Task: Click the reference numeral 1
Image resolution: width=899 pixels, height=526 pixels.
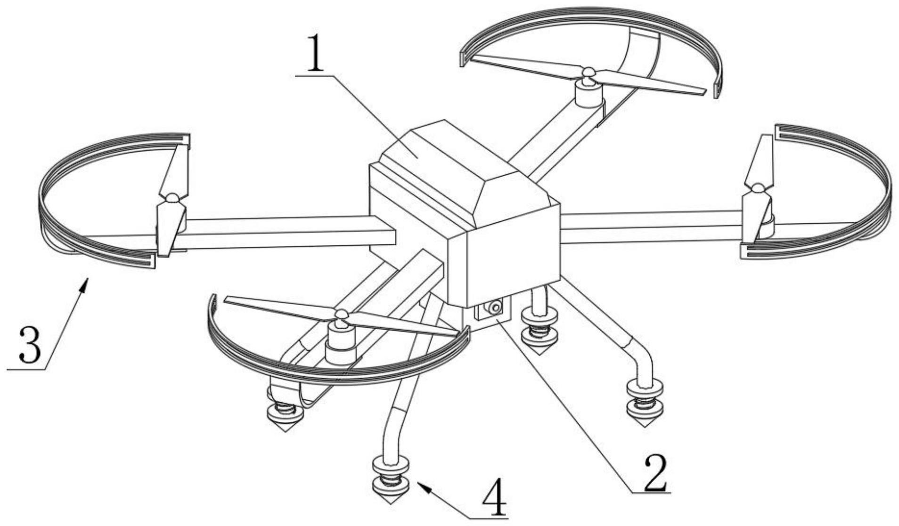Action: point(314,52)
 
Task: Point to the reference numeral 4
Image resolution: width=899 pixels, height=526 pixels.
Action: point(494,499)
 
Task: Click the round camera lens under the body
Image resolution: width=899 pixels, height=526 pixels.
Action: point(494,308)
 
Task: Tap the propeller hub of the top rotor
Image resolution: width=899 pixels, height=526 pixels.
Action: point(587,73)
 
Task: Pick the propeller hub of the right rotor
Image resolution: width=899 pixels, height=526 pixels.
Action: point(757,189)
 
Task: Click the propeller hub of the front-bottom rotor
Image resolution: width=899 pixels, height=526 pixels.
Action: point(341,314)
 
